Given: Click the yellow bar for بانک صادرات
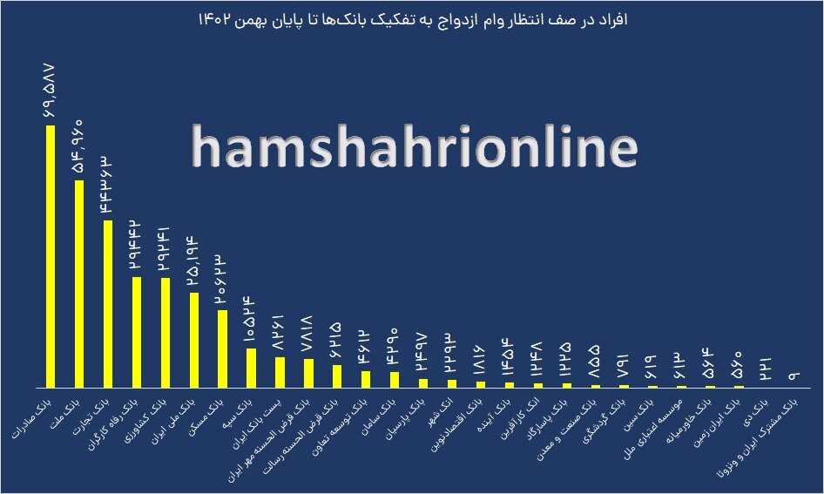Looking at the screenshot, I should tap(50, 257).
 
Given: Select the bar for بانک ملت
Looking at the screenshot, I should tap(78, 284).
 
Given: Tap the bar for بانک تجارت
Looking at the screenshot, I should tap(107, 304).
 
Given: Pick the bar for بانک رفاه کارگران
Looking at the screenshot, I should tap(136, 332).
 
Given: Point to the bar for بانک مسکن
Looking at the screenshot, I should tap(222, 349).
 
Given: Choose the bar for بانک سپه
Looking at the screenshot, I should tap(251, 368).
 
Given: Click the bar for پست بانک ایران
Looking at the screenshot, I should tap(280, 372).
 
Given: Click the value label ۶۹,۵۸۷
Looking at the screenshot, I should tap(49, 91).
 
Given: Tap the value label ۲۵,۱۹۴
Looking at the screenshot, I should tap(193, 261).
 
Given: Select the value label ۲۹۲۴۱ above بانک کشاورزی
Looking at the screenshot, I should tap(165, 247).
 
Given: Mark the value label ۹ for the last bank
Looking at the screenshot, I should tap(794, 375).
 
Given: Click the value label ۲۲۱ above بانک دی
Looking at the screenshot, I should tap(765, 367).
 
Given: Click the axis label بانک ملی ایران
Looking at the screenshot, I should tap(174, 421).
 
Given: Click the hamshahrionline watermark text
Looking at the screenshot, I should tap(414, 148).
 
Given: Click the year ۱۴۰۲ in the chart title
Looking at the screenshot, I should tap(216, 18).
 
